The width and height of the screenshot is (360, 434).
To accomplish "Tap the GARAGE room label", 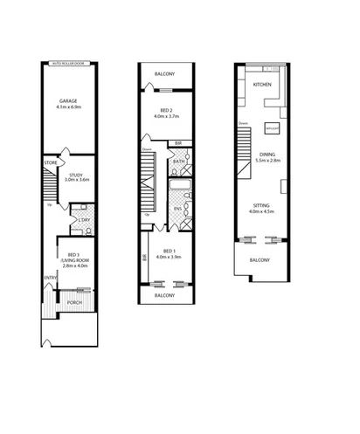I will pyautogui.click(x=69, y=101).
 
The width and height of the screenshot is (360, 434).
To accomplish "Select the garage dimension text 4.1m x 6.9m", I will pyautogui.click(x=69, y=107).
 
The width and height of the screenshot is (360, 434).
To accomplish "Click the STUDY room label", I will pyautogui.click(x=76, y=175).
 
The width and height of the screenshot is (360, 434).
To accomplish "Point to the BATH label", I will pyautogui.click(x=177, y=162).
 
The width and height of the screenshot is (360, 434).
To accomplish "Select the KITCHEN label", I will pyautogui.click(x=262, y=85).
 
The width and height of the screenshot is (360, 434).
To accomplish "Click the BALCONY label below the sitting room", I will pyautogui.click(x=260, y=260).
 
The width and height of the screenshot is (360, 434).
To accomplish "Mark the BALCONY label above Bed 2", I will pyautogui.click(x=162, y=74).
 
